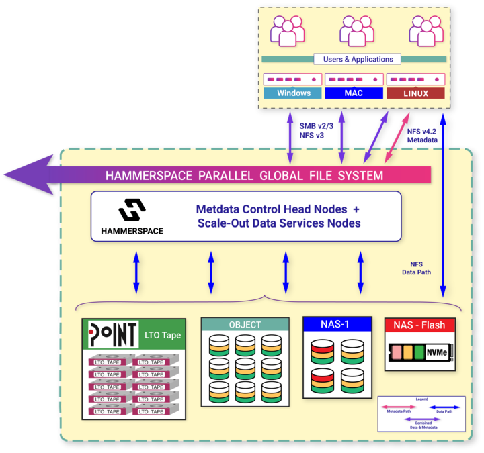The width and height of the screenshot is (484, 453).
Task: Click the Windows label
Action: click(293, 93)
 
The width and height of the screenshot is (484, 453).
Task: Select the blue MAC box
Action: click(354, 93)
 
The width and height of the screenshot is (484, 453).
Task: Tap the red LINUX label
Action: click(415, 93)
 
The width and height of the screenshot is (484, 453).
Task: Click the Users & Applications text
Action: click(354, 59)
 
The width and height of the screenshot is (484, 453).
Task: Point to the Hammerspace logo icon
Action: click(132, 211)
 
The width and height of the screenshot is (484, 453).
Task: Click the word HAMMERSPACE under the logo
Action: click(132, 231)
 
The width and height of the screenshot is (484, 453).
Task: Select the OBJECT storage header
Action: click(245, 324)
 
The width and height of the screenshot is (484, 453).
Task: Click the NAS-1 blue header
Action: click(336, 324)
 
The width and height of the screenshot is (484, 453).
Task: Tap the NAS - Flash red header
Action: click(419, 325)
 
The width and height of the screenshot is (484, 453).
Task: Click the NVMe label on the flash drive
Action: click(437, 352)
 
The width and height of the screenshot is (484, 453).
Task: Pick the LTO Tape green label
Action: click(162, 335)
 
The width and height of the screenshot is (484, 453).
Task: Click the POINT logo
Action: click(112, 334)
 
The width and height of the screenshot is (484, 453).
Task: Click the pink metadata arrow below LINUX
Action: click(402, 138)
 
